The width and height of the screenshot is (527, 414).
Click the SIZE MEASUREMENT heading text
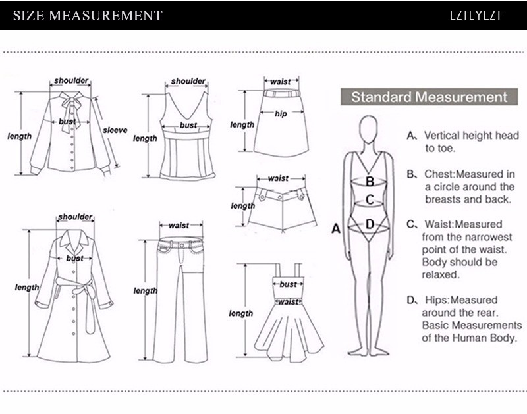point(88,15)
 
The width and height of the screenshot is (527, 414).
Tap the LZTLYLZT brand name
point(474,15)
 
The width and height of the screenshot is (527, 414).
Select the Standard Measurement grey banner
point(429,97)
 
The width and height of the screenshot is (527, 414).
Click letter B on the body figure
point(370,181)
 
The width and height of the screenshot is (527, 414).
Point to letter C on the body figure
point(370,199)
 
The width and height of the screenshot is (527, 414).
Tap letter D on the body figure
point(370,224)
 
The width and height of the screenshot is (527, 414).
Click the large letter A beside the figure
point(335,229)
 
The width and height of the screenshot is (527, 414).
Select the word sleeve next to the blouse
point(115,130)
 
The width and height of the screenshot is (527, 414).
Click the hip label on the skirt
point(282,113)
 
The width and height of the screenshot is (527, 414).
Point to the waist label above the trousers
point(179,226)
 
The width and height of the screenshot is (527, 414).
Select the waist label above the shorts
point(278,178)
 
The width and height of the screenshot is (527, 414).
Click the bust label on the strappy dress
point(288,284)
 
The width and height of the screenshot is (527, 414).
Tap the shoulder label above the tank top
point(188,81)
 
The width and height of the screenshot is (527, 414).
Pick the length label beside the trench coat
point(27,288)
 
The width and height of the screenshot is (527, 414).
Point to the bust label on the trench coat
point(74,259)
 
